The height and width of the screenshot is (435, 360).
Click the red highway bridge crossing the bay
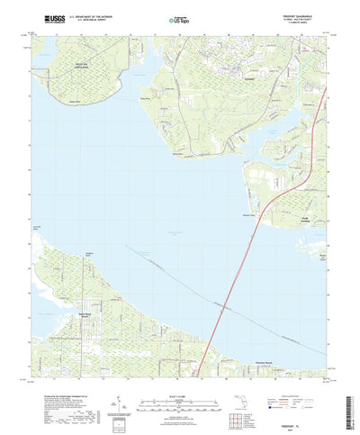click(238, 270)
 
